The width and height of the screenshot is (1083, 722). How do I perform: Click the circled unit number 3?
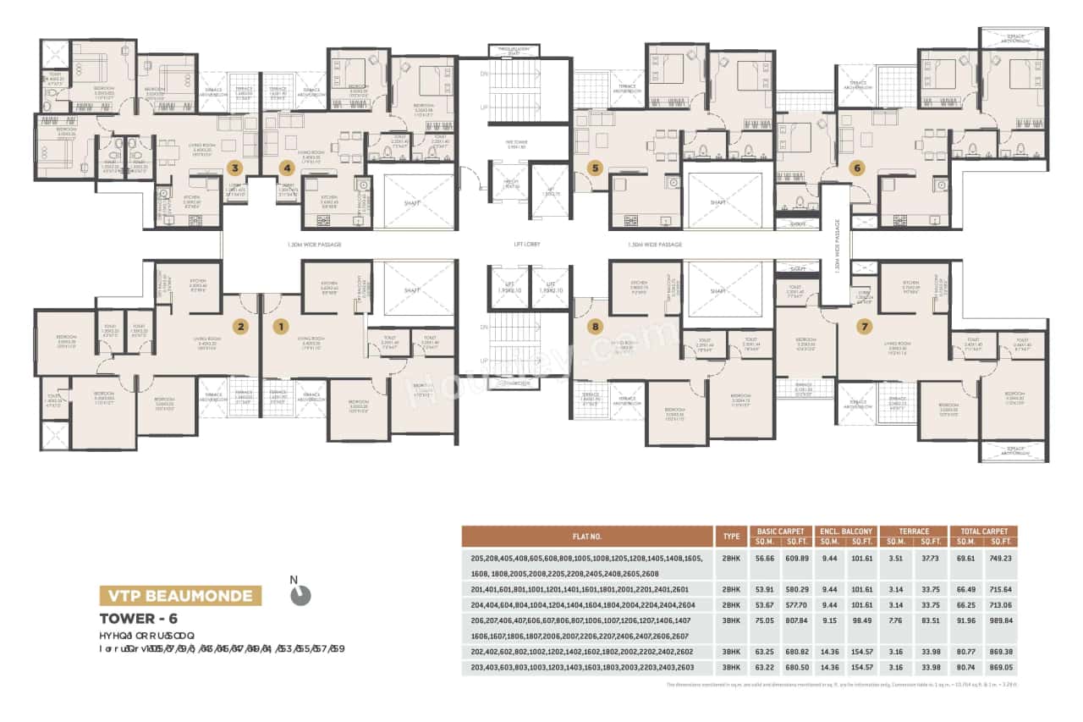coord(234,168)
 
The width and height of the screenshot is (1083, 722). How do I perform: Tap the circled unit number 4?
coord(287,168)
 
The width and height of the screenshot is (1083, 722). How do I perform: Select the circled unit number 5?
coord(596,168)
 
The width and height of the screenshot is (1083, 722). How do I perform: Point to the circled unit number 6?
coord(857,168)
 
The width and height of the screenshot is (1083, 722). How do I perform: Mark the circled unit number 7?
coord(863,326)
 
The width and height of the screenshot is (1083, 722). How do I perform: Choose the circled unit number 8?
coord(596,326)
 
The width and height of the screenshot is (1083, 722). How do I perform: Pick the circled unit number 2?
coord(241,326)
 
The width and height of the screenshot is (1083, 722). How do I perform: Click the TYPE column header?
coord(731,536)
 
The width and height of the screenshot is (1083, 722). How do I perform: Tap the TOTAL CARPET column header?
coord(983,531)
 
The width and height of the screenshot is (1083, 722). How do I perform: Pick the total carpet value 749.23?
coord(1000,559)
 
